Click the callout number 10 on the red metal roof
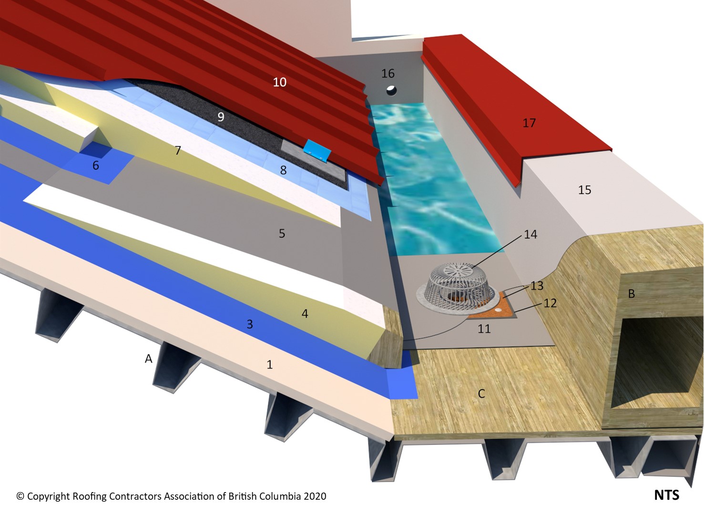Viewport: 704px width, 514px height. click(279, 82)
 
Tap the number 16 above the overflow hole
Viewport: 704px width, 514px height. click(388, 73)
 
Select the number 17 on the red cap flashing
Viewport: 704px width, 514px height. click(529, 123)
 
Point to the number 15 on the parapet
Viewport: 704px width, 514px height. click(584, 190)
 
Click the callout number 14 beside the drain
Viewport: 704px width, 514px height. click(531, 234)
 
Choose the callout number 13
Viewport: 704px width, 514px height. click(537, 286)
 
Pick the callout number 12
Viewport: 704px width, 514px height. click(550, 303)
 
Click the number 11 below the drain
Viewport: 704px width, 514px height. click(484, 329)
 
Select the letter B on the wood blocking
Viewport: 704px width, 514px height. click(632, 294)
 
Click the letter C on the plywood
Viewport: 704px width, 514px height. click(481, 393)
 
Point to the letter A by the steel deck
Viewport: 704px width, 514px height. click(148, 359)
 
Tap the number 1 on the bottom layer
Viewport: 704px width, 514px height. click(269, 364)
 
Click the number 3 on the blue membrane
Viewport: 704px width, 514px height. click(250, 324)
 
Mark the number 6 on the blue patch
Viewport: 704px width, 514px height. click(95, 165)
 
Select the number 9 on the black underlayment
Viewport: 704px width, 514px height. click(221, 117)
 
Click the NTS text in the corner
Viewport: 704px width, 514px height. click(667, 495)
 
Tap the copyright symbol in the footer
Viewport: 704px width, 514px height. click(20, 496)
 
